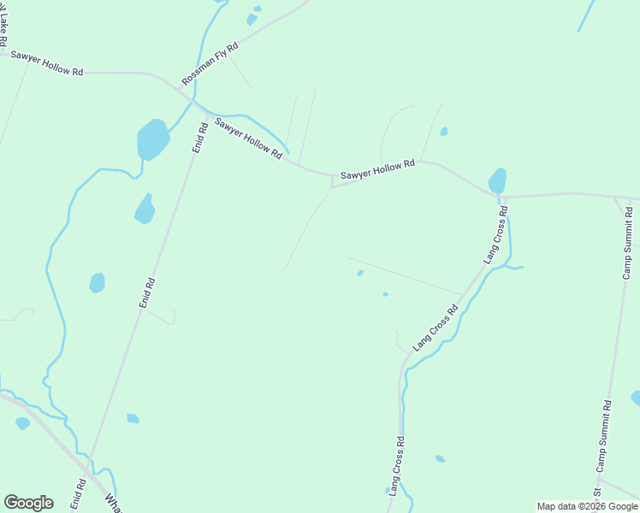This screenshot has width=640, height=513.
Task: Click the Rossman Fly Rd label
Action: (x=210, y=60)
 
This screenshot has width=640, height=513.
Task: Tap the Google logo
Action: (x=28, y=502)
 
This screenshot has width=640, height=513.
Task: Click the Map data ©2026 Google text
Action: (x=587, y=506)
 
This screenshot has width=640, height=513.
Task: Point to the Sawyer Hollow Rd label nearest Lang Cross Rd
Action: (x=377, y=169)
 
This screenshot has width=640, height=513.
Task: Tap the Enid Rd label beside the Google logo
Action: (x=79, y=493)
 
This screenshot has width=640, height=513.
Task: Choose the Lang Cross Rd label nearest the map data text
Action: (x=395, y=467)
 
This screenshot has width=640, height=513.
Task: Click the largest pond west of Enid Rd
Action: (x=152, y=139)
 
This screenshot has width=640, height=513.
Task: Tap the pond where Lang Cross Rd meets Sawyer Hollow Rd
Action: (x=497, y=180)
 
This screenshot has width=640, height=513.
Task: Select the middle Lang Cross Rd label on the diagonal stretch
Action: (x=436, y=326)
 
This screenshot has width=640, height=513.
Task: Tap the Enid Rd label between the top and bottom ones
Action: (x=147, y=293)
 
